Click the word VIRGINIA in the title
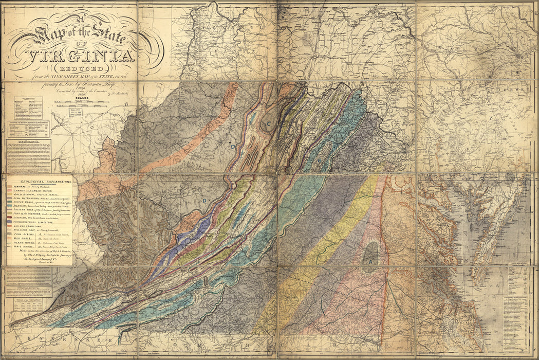(x=82, y=57)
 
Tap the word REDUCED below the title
(x=82, y=69)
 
